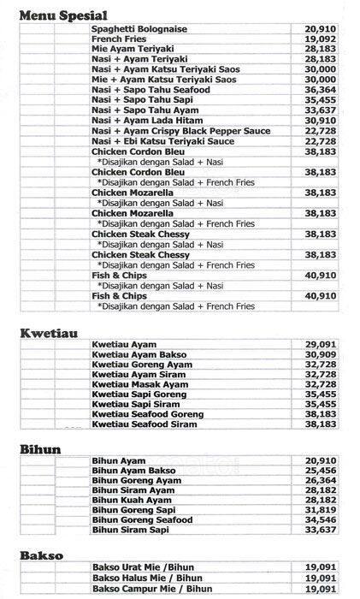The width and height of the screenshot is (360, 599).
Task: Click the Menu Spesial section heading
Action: click(63, 15)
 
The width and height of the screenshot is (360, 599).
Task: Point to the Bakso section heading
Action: click(40, 555)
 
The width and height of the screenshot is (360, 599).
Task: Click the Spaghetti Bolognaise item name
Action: click(139, 29)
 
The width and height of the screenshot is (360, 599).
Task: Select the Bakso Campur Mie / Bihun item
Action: click(152, 589)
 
